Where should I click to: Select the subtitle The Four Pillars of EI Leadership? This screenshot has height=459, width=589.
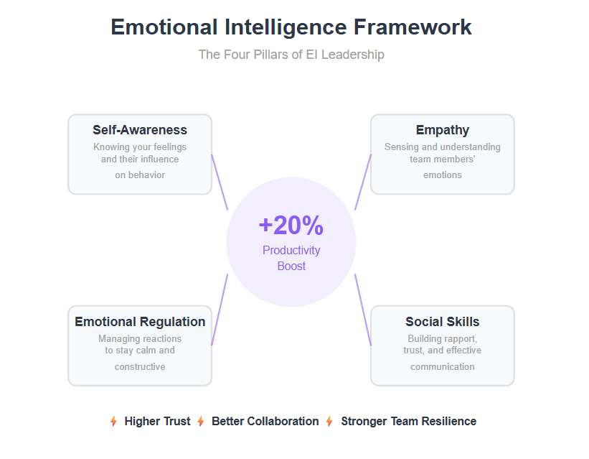(x=291, y=55)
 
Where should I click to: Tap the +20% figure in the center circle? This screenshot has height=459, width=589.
(x=291, y=226)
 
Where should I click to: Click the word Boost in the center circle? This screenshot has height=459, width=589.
(x=291, y=266)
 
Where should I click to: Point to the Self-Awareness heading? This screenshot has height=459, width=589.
(x=140, y=130)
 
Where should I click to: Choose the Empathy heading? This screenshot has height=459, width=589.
(x=443, y=130)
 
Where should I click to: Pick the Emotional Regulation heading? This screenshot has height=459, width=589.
(x=140, y=322)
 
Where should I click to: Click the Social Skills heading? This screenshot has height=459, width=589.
(x=443, y=322)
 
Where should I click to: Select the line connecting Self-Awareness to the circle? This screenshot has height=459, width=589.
(x=220, y=182)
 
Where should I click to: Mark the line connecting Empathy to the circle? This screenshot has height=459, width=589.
(x=363, y=182)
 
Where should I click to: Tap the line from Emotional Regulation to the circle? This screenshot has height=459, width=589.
(x=220, y=310)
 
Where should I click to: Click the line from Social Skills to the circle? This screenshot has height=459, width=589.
(x=363, y=310)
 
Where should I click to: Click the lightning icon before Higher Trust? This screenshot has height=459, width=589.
(x=113, y=422)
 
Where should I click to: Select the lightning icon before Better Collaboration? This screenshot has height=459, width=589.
(x=201, y=422)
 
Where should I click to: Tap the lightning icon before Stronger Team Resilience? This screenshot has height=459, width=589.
(x=329, y=422)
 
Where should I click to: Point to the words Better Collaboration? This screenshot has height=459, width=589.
(x=265, y=422)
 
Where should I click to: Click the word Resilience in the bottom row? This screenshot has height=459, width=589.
(x=449, y=422)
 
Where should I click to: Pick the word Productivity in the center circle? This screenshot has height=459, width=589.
(x=291, y=251)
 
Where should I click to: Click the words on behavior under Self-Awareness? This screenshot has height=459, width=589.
(x=140, y=175)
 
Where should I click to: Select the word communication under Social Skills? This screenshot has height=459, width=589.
(x=443, y=367)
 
